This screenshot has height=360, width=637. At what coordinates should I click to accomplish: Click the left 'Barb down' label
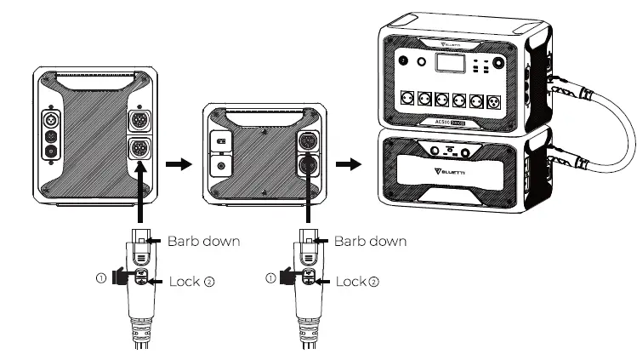[204, 241]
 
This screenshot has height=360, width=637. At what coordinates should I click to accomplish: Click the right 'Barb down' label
[370, 241]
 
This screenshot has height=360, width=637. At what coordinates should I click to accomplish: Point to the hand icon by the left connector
[122, 277]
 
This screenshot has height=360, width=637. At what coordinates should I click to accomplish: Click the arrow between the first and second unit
[173, 163]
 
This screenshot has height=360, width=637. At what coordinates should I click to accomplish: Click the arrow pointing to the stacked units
[345, 163]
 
